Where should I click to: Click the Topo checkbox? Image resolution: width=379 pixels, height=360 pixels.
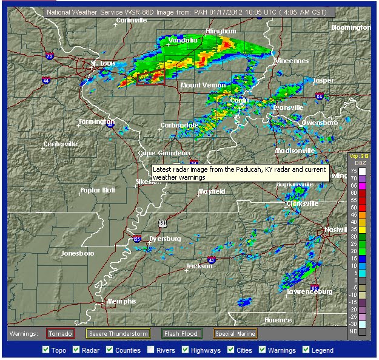click(x=45, y=350)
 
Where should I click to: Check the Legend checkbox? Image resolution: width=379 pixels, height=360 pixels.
click(x=306, y=350)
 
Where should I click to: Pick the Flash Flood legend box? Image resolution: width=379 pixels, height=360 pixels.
click(x=182, y=333)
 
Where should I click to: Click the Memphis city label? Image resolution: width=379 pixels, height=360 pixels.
click(x=121, y=301)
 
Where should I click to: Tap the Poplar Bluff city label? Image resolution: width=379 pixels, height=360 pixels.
click(x=97, y=190)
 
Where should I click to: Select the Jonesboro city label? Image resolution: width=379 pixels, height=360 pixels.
click(x=78, y=253)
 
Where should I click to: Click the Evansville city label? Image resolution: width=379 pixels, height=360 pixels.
click(x=288, y=107)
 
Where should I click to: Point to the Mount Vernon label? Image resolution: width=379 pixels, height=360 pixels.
click(x=203, y=85)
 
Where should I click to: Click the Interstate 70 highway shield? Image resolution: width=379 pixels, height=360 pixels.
click(x=50, y=56)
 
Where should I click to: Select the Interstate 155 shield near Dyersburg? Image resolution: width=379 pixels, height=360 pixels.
click(x=138, y=239)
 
